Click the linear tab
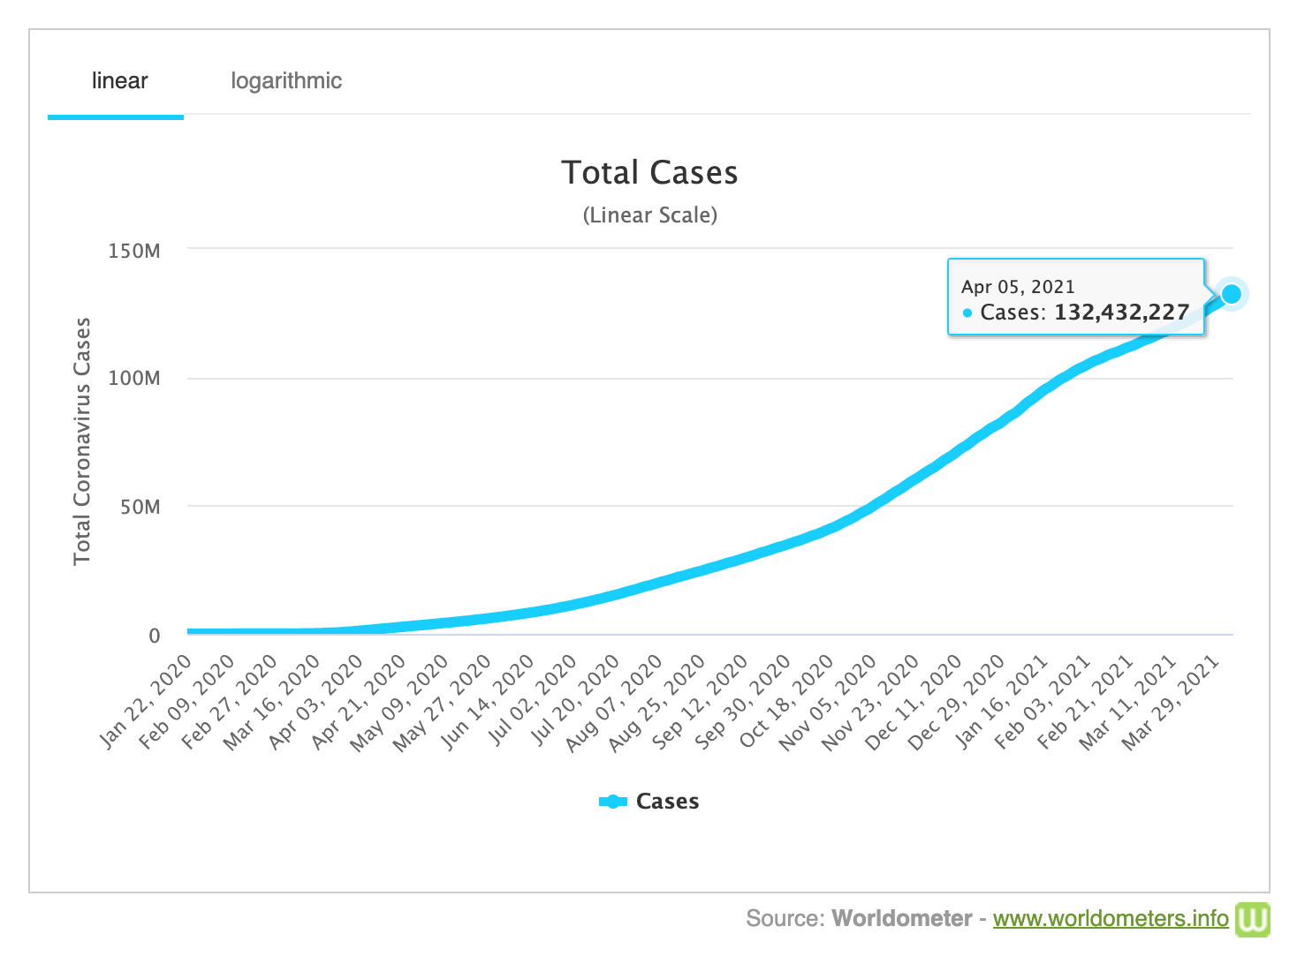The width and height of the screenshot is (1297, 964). pos(119,81)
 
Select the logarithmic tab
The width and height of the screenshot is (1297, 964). pos(286,81)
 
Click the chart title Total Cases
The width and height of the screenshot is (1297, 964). pos(649,173)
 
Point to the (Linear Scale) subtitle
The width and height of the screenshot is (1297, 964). pos(649,215)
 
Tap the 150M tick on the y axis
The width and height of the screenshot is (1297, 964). pos(134,251)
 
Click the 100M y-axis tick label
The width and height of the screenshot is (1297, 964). pos(134,379)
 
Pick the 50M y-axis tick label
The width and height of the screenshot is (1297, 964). pos(140,507)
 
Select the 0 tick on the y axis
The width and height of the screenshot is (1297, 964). pos(155,636)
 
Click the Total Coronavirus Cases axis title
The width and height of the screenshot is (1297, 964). pos(82,441)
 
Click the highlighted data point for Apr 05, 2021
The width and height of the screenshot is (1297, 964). pos(1231,294)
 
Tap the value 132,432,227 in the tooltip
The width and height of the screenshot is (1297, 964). pos(1121,313)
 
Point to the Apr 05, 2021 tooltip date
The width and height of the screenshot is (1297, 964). pos(1018,287)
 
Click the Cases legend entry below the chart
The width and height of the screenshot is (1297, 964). pos(650,802)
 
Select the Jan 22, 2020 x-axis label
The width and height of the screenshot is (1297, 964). pos(147,702)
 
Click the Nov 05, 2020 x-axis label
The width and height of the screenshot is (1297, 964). pos(829,702)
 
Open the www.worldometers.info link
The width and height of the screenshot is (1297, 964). pos(1111,919)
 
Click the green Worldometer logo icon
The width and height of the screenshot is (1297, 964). pos(1252,919)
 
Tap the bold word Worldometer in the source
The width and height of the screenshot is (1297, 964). pos(901,919)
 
